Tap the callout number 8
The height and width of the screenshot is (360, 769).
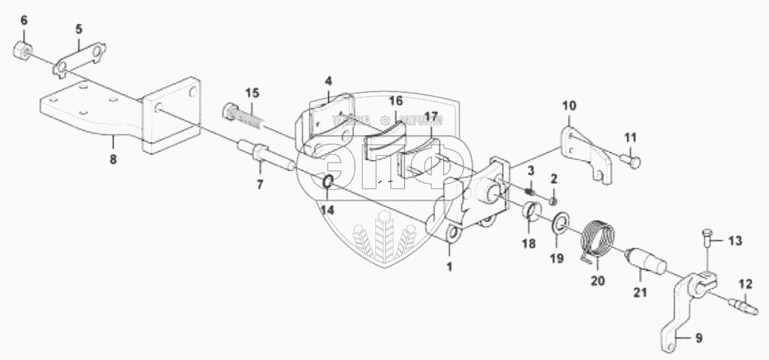click(x=113, y=159)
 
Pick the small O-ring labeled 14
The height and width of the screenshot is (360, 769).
click(x=328, y=182)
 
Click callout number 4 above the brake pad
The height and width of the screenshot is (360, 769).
click(x=329, y=80)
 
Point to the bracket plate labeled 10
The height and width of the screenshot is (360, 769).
click(x=582, y=151)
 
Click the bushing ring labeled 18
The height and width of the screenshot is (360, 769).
click(x=530, y=211)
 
